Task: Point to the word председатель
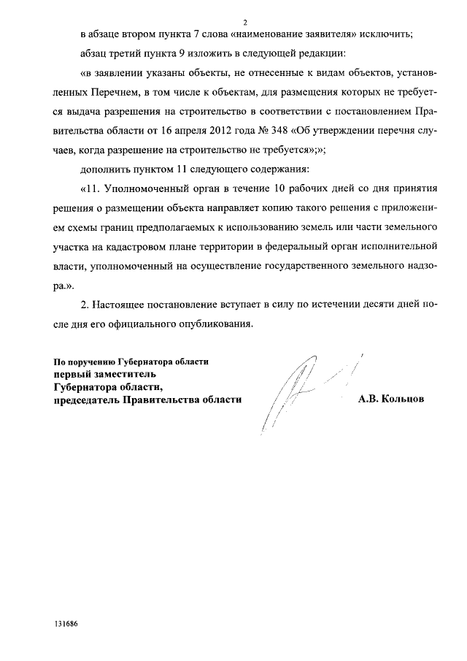pos(82,400)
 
